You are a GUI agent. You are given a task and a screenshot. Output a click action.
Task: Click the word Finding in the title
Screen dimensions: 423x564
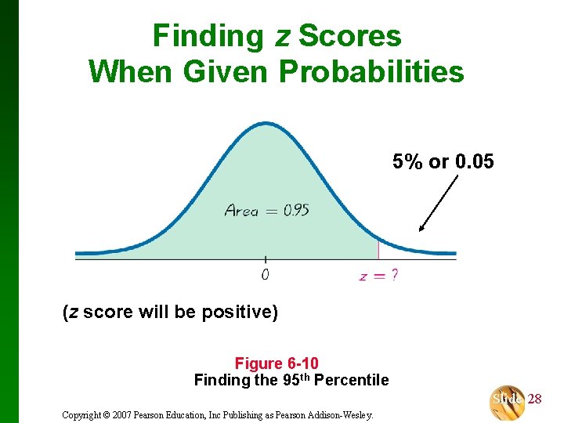pos(208,36)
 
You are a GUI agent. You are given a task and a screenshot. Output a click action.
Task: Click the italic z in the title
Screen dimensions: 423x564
pos(282,38)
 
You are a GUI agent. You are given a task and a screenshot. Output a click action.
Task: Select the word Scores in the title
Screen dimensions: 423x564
pos(350,36)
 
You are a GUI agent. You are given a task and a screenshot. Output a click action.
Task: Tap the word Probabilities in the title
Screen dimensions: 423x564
pos(371,72)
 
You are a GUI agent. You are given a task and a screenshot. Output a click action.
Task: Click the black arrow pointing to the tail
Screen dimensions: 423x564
pos(439,203)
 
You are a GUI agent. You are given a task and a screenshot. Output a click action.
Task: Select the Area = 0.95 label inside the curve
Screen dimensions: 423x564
pos(266,210)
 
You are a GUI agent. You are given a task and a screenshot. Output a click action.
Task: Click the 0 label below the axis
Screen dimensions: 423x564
pos(265,275)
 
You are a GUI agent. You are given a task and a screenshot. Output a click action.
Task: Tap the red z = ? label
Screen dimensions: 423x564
pos(378,276)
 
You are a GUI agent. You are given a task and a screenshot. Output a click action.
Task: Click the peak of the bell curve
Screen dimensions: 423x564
pos(266,124)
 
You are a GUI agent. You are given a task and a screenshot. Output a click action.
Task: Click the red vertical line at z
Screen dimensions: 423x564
pos(378,250)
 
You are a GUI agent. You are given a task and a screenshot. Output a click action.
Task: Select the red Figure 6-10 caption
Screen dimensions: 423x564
pos(277,363)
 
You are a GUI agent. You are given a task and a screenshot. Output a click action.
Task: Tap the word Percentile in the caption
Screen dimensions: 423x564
pos(351,381)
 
